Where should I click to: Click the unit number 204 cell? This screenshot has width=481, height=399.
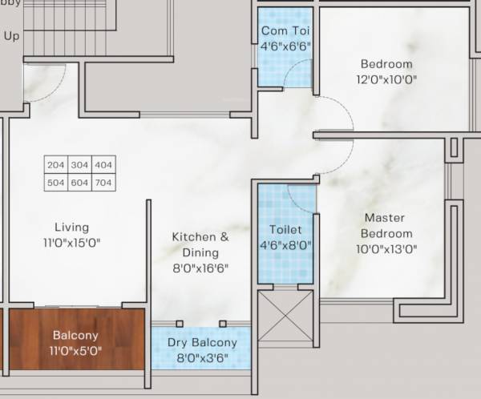click(55, 165)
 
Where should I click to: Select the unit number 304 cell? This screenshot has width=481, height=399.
click(79, 165)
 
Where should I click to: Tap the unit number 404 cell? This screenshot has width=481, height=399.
click(103, 165)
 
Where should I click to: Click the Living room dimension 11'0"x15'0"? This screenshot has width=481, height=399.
click(72, 243)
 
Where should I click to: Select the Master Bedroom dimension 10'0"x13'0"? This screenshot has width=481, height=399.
click(385, 249)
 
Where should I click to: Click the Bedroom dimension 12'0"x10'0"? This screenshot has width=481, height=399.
click(386, 79)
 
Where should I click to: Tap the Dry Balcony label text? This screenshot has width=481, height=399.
click(201, 343)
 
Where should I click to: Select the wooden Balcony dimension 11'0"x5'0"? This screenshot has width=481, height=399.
click(75, 350)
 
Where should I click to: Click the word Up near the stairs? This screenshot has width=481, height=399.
click(11, 35)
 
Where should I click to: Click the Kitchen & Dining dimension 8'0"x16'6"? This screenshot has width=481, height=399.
click(200, 268)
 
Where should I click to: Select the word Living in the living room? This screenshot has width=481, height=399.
click(72, 228)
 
